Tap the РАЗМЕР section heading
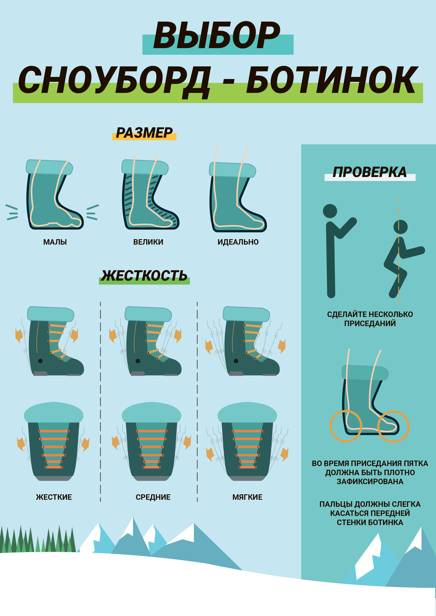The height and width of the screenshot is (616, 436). tap(144, 133)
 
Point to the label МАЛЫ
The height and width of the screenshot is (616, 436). tap(55, 242)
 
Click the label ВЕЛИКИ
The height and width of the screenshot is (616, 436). tap(148, 242)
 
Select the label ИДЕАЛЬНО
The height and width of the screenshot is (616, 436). tap(238, 242)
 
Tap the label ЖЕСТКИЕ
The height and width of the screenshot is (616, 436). tap(54, 497)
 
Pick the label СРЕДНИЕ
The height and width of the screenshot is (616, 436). tap(153, 497)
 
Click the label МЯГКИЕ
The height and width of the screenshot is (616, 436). tap(247, 497)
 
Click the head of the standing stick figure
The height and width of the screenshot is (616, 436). tap(330, 211)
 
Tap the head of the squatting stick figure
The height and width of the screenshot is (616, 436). tap(400, 227)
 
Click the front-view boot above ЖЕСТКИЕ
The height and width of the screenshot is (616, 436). tap(54, 441)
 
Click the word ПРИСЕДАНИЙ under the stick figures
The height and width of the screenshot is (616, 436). tap(370, 323)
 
